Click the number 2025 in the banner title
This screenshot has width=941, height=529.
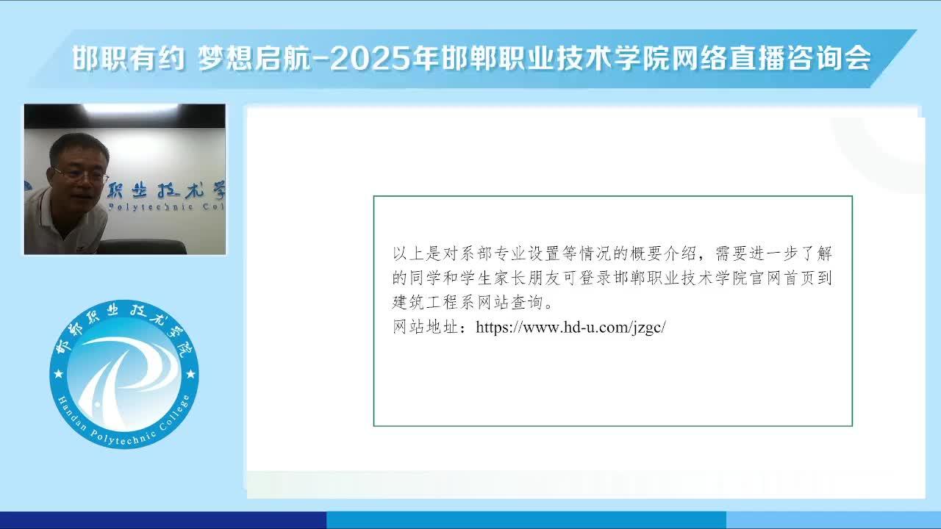click(370, 58)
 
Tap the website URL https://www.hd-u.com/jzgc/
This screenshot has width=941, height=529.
click(570, 327)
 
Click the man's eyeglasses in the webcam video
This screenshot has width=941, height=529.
click(81, 175)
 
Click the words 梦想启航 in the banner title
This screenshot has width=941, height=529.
click(254, 58)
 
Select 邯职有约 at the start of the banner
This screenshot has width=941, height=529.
click(128, 58)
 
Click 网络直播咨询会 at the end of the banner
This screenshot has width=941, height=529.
click(771, 58)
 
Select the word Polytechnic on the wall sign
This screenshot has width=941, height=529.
click(151, 206)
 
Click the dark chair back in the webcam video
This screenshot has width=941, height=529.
click(142, 247)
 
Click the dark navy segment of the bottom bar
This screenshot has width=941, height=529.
click(163, 520)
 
